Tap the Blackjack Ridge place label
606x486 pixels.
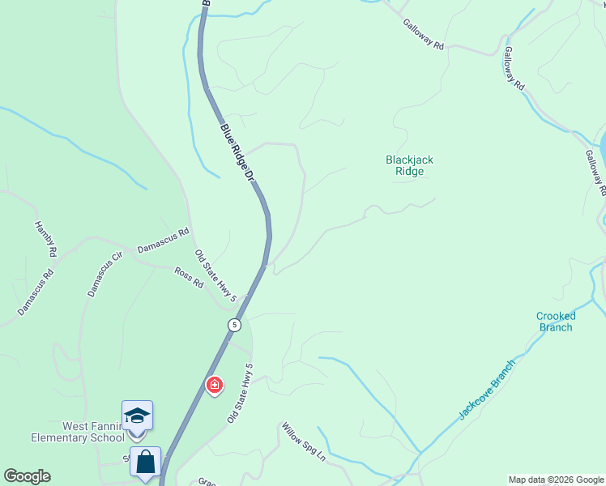409,165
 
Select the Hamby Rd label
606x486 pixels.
45,240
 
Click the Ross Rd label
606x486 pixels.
188,278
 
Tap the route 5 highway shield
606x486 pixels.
234,325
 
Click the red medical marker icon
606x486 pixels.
215,385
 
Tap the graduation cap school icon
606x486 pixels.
137,416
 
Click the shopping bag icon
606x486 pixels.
145,462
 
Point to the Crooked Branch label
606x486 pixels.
556,322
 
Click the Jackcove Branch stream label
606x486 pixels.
487,389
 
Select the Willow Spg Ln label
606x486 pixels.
303,441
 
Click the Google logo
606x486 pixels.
27,476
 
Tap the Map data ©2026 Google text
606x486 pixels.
556,480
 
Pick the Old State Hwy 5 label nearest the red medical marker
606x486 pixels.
241,393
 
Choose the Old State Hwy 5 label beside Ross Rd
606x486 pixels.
215,276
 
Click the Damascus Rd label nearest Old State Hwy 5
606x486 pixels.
163,240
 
